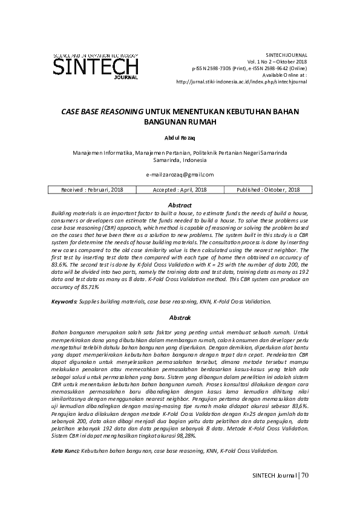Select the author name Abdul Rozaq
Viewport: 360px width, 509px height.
(180, 138)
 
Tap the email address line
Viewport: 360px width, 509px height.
(180, 174)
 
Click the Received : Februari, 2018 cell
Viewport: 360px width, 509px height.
(93, 189)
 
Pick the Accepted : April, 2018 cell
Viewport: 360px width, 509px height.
(180, 189)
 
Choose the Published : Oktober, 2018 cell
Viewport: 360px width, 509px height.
(268, 189)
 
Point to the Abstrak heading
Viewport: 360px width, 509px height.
(180, 317)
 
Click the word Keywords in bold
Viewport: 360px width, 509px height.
(64, 300)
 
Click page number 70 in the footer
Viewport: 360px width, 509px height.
(304, 476)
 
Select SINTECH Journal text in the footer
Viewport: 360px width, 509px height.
(274, 476)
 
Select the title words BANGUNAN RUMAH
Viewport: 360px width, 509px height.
(180, 122)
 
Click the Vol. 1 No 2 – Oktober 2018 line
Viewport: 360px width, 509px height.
(277, 62)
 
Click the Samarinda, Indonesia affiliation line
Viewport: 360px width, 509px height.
(180, 160)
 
